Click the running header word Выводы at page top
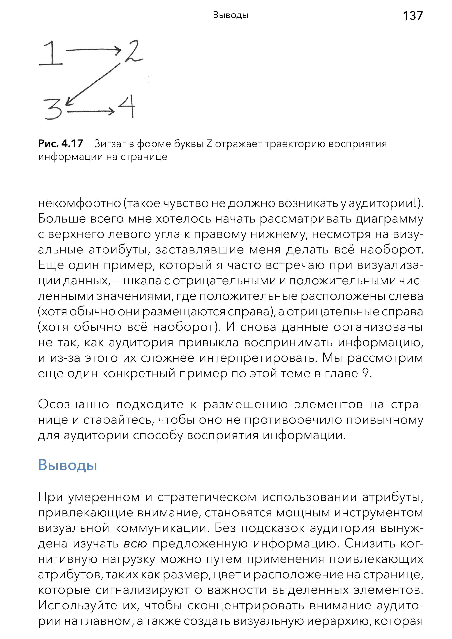(231, 15)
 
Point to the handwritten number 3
(53, 109)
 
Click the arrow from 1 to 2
(93, 50)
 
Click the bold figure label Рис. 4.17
(60, 144)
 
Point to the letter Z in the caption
(209, 144)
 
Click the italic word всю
(135, 543)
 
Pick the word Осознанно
(73, 404)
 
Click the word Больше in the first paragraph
(62, 219)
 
